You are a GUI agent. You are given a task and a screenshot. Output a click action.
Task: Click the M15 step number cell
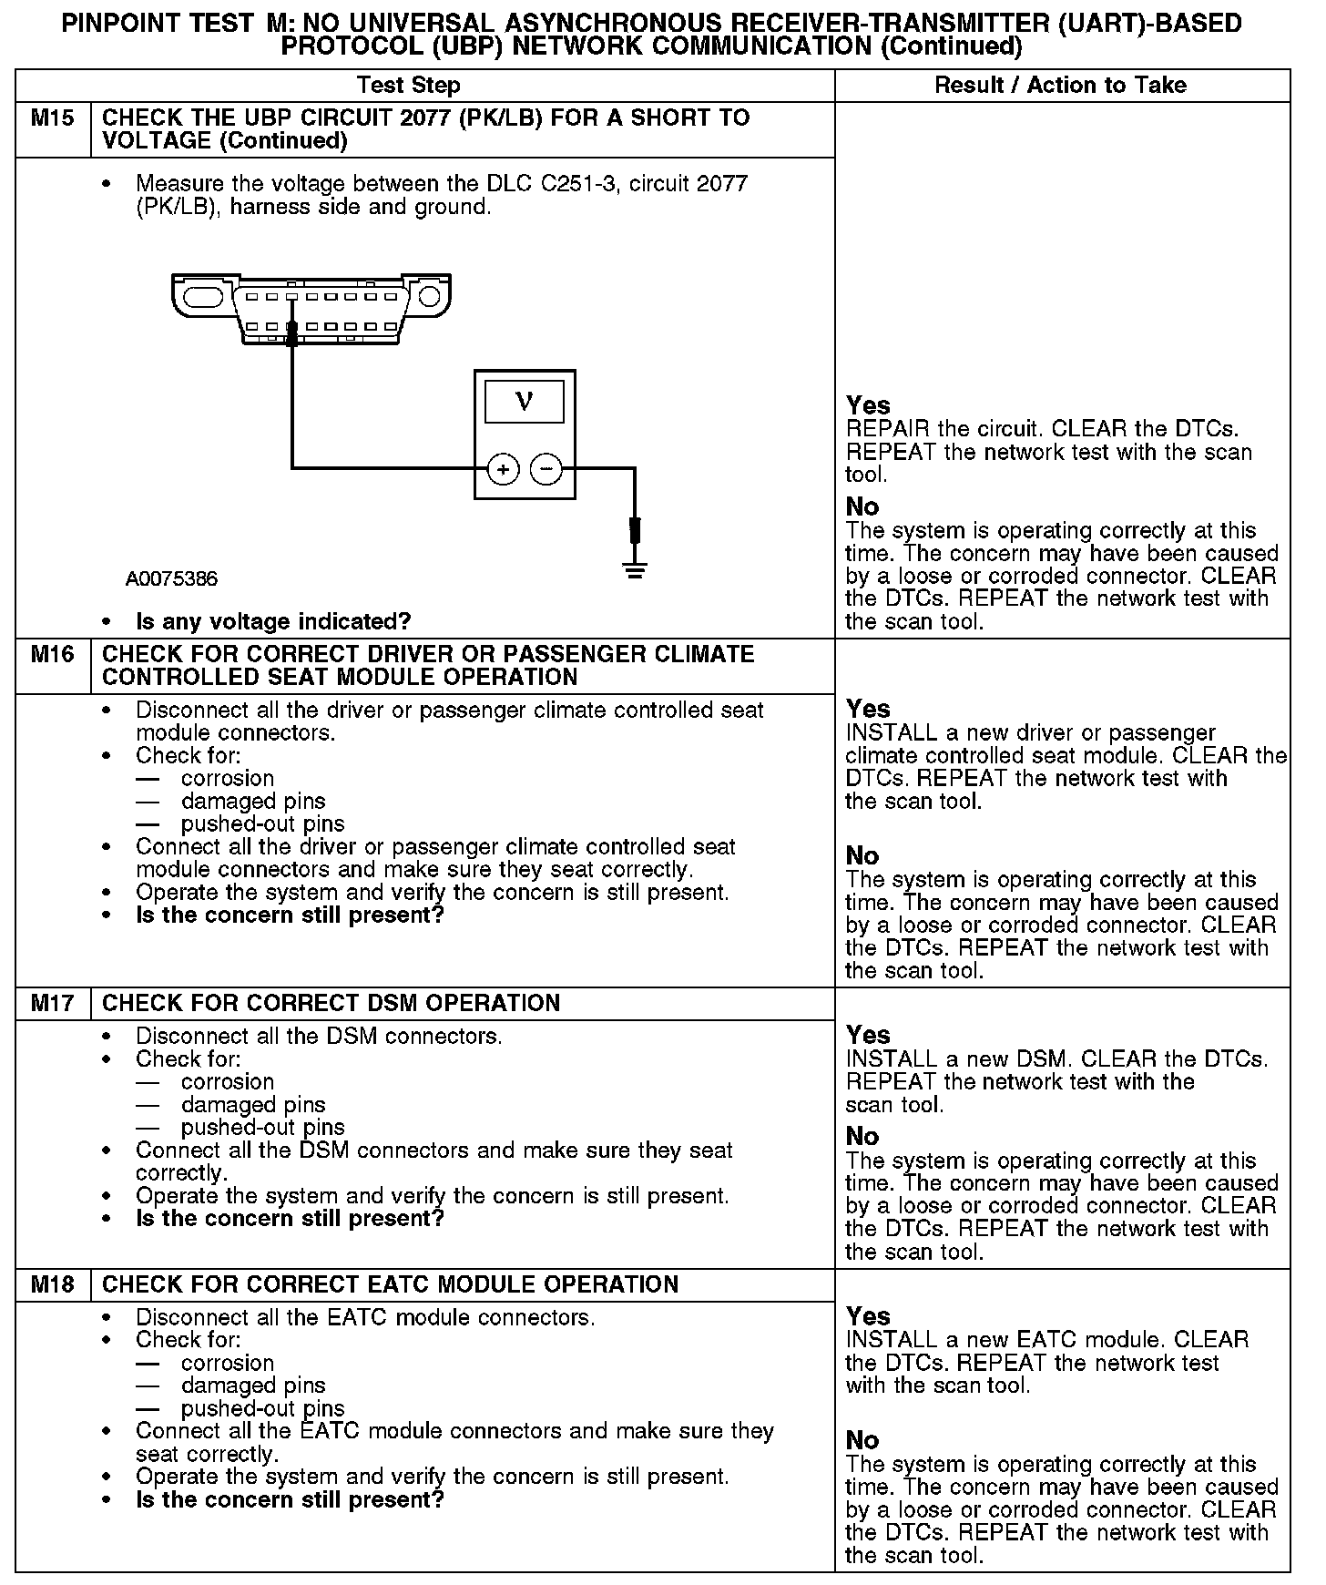53,118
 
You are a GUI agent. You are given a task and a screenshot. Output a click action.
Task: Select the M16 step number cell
53,655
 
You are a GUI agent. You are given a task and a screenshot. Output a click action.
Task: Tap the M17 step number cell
53,1004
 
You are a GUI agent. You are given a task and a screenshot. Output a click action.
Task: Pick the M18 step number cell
53,1284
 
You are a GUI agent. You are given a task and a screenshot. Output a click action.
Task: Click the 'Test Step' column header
409,86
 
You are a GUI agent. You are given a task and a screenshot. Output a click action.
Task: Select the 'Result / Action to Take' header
1061,86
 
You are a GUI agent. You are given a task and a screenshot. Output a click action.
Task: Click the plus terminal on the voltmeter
504,469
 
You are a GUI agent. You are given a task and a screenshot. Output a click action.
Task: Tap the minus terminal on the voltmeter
546,469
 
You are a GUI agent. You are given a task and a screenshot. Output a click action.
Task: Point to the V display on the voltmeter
525,401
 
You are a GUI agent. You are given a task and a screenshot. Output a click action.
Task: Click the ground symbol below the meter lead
635,571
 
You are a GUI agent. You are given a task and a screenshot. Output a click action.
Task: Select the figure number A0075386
172,579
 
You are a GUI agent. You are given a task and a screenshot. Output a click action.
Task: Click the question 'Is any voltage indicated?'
273,622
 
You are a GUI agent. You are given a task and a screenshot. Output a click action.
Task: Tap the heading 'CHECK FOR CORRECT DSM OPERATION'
331,1004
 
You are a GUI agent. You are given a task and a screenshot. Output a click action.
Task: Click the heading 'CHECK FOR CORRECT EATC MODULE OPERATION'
390,1284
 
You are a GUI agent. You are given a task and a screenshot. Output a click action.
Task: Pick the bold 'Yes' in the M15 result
868,405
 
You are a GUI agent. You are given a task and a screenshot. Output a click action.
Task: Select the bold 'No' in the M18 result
862,1440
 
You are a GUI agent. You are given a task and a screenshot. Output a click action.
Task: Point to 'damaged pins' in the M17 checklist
253,1105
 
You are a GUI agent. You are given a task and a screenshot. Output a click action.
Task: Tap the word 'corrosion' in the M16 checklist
228,779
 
